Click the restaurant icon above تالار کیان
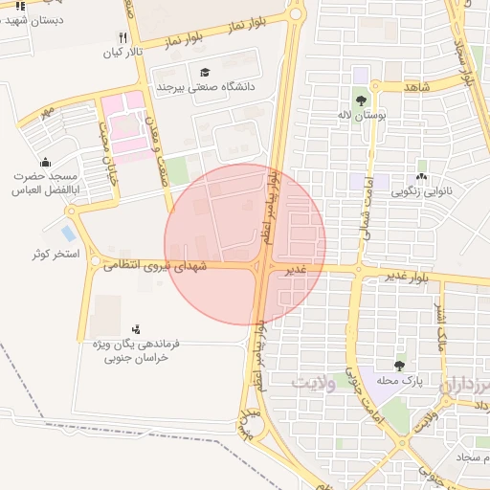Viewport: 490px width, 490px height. pyautogui.click(x=122, y=37)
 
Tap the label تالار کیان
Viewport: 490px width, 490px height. pyautogui.click(x=122, y=52)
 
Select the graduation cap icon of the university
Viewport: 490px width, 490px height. pyautogui.click(x=206, y=73)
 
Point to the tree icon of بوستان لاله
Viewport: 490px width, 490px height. pyautogui.click(x=361, y=100)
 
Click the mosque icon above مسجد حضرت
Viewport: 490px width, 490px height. pyautogui.click(x=45, y=162)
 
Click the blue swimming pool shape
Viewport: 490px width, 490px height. pyautogui.click(x=68, y=233)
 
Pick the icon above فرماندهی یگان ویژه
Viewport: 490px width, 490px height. pyautogui.click(x=135, y=328)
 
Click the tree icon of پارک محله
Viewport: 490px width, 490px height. pyautogui.click(x=399, y=366)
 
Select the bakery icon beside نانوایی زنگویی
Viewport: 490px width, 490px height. pyautogui.click(x=421, y=177)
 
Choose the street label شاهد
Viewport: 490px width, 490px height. pyautogui.click(x=419, y=87)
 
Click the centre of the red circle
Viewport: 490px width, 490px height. pyautogui.click(x=245, y=244)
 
